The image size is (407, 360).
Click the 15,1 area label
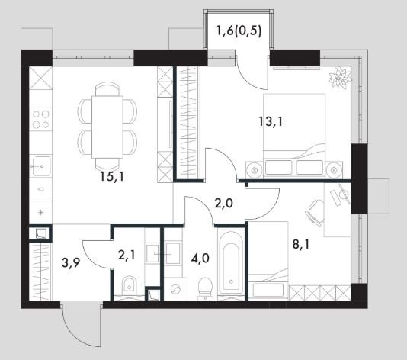112,177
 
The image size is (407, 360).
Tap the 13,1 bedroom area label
271,121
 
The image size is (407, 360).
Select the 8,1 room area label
301,244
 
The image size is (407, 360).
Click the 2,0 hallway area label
224,204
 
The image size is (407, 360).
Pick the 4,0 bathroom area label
200,259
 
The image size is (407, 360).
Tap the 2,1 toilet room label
127,256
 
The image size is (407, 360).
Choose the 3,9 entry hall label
71,263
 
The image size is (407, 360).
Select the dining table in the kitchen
107,127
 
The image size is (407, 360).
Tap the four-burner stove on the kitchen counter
40,120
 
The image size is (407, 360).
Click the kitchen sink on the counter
40,166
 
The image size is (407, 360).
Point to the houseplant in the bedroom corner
339,77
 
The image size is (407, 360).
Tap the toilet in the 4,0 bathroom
205,287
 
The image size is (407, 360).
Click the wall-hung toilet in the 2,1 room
130,284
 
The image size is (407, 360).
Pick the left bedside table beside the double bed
255,170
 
